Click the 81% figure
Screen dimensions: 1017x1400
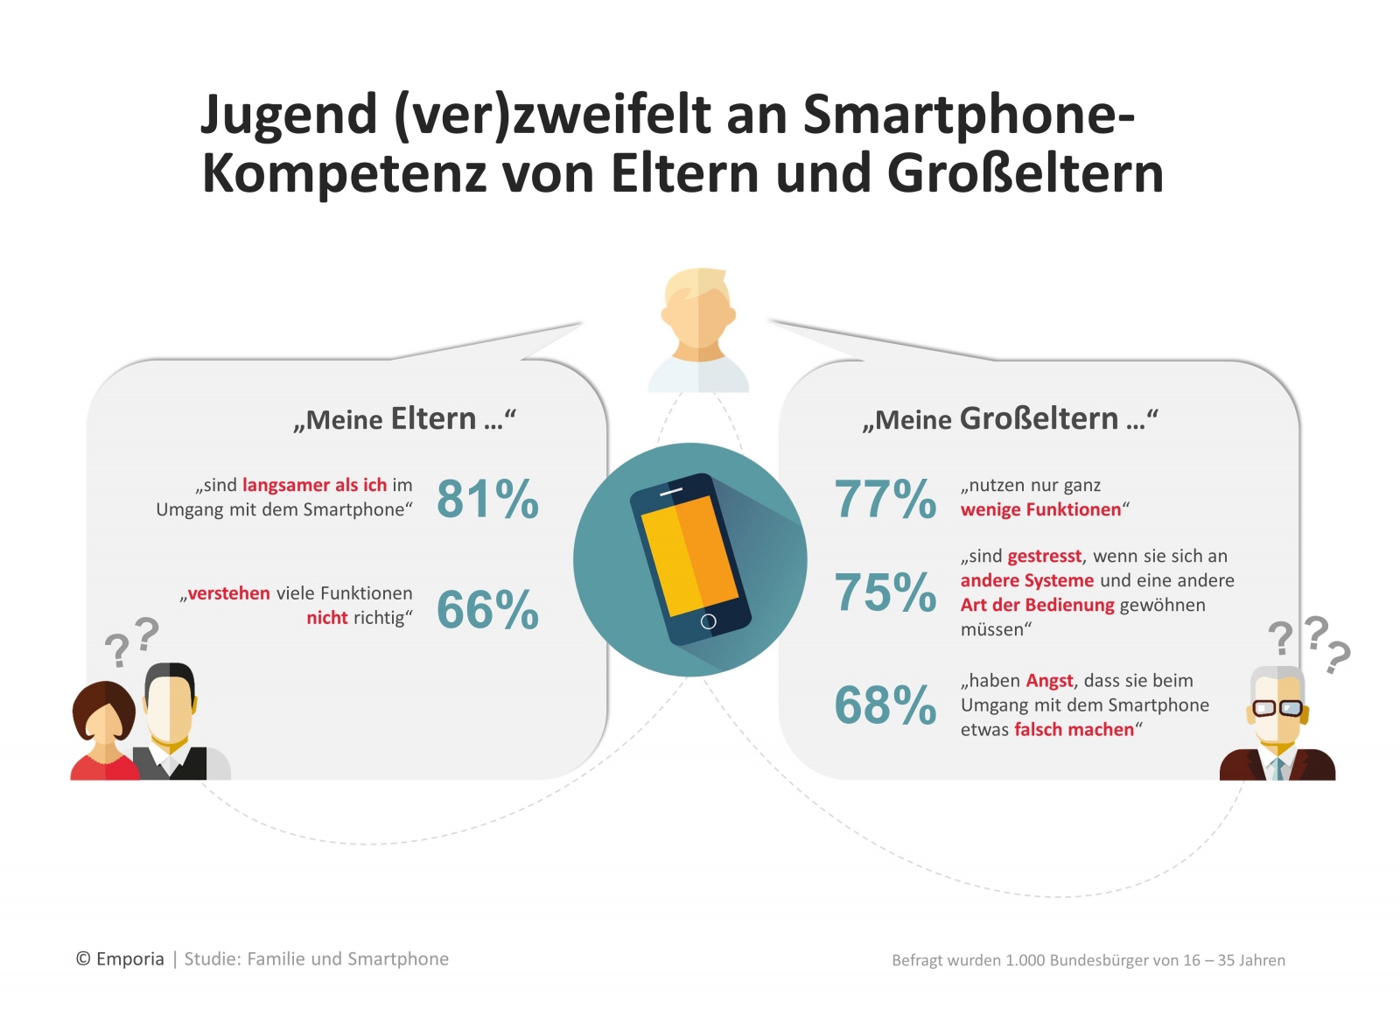pyautogui.click(x=487, y=499)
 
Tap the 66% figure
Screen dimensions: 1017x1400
pyautogui.click(x=487, y=610)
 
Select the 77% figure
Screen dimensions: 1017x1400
pyautogui.click(x=885, y=499)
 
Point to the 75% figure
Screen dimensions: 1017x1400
pyautogui.click(x=885, y=593)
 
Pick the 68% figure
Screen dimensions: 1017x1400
pyautogui.click(x=885, y=705)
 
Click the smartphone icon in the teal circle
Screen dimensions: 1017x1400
pyautogui.click(x=690, y=559)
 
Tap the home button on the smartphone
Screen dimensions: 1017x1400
pyautogui.click(x=709, y=621)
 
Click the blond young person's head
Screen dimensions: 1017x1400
pyautogui.click(x=698, y=311)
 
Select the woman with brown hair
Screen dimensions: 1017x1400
pyautogui.click(x=104, y=731)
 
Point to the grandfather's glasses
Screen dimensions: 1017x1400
pyautogui.click(x=1277, y=708)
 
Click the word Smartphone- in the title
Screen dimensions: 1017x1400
pyautogui.click(x=969, y=115)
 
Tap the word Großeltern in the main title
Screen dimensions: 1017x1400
pyautogui.click(x=1025, y=173)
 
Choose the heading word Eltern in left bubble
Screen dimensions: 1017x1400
pyautogui.click(x=433, y=418)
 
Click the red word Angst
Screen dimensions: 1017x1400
pyautogui.click(x=1049, y=681)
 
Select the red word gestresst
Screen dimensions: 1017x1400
pyautogui.click(x=1044, y=557)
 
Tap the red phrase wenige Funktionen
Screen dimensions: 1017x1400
pyautogui.click(x=1040, y=509)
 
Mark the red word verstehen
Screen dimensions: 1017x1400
pyautogui.click(x=229, y=593)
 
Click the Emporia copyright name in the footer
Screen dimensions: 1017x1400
pyautogui.click(x=129, y=959)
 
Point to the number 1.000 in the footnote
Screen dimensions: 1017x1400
pyautogui.click(x=1025, y=960)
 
